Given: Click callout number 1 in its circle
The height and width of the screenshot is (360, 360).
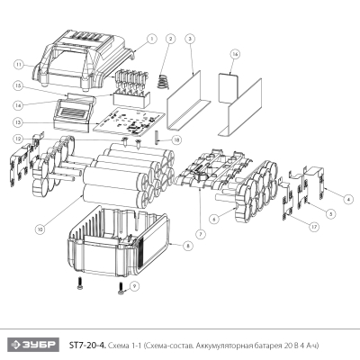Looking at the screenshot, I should (x=151, y=39).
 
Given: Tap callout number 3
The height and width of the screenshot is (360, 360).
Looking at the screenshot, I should (x=190, y=39).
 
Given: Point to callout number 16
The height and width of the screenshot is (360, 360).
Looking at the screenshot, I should (x=235, y=54).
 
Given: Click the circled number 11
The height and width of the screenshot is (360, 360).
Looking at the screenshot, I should (x=17, y=65).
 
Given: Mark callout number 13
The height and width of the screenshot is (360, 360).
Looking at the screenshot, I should (x=17, y=121).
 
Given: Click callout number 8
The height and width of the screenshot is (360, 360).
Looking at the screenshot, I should (x=187, y=245).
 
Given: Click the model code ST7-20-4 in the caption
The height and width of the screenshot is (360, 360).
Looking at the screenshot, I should (x=87, y=345).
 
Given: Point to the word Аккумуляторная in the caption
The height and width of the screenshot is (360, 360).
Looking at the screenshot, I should (x=220, y=345).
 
